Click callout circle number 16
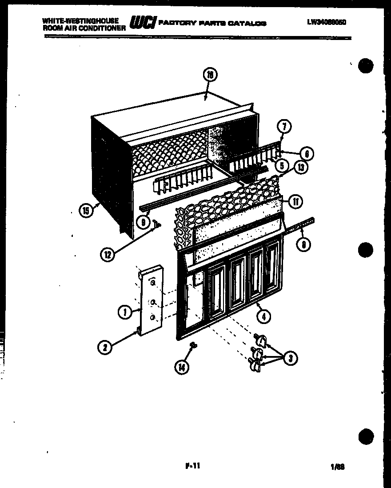coord(210,76)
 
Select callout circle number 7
coord(285,127)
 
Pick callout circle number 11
coord(295,202)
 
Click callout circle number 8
coord(303,244)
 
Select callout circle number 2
coord(104,347)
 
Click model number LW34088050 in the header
coord(326,20)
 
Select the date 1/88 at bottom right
coord(338,467)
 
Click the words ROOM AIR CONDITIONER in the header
coord(84,28)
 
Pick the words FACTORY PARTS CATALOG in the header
coord(212,23)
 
